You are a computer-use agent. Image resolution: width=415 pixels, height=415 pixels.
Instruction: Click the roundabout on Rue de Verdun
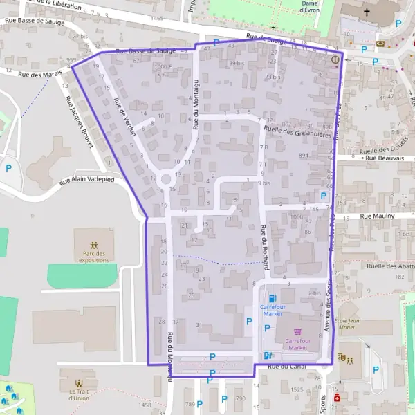[165, 180]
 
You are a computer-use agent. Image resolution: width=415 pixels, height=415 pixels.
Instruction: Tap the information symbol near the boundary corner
[335, 59]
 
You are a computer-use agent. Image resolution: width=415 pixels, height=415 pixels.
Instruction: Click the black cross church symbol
[366, 12]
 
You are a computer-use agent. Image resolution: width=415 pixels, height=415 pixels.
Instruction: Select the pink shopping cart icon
[298, 332]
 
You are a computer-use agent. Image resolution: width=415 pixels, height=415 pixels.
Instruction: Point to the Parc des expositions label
[93, 257]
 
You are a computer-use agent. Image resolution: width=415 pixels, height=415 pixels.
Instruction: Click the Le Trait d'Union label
[80, 394]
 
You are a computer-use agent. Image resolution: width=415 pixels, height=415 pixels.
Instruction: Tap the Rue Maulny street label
[376, 216]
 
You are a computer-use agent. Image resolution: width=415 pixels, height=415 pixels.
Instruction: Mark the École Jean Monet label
[353, 326]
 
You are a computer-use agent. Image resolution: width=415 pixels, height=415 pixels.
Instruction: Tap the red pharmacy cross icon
[337, 399]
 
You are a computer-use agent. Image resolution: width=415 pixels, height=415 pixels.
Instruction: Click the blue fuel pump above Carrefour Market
[271, 298]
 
